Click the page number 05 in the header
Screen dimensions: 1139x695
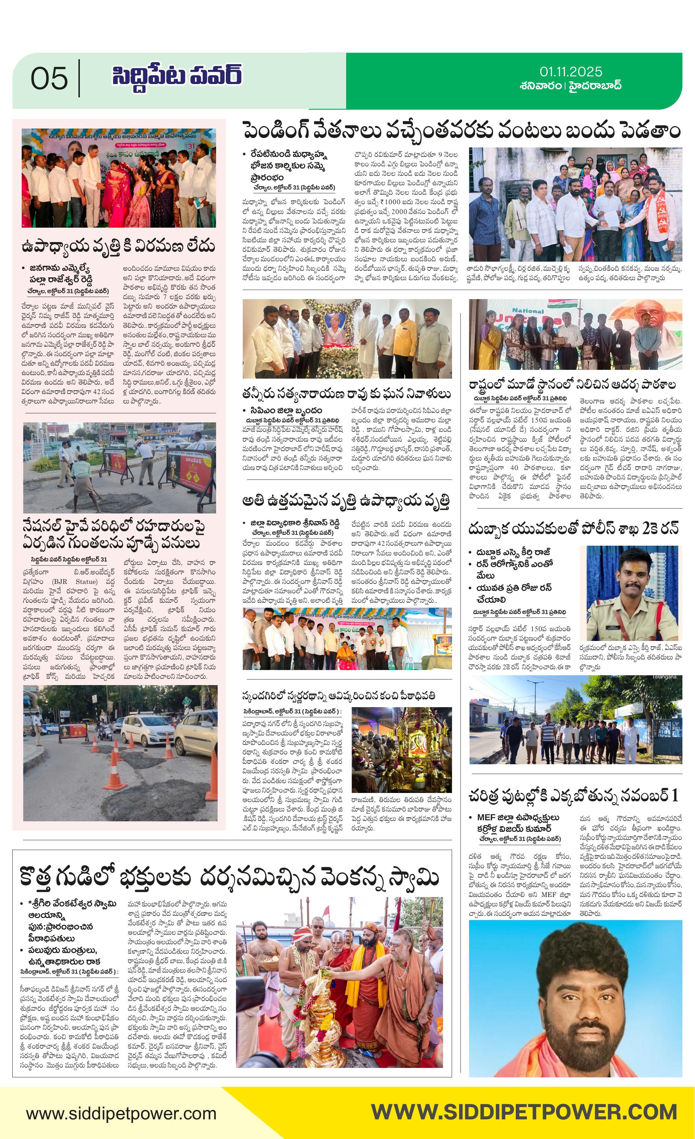[x=49, y=78]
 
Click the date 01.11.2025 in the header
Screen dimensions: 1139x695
[x=570, y=72]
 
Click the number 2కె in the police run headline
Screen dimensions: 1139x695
[x=652, y=529]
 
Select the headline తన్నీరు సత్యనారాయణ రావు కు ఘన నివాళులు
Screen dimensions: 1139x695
[x=347, y=393]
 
